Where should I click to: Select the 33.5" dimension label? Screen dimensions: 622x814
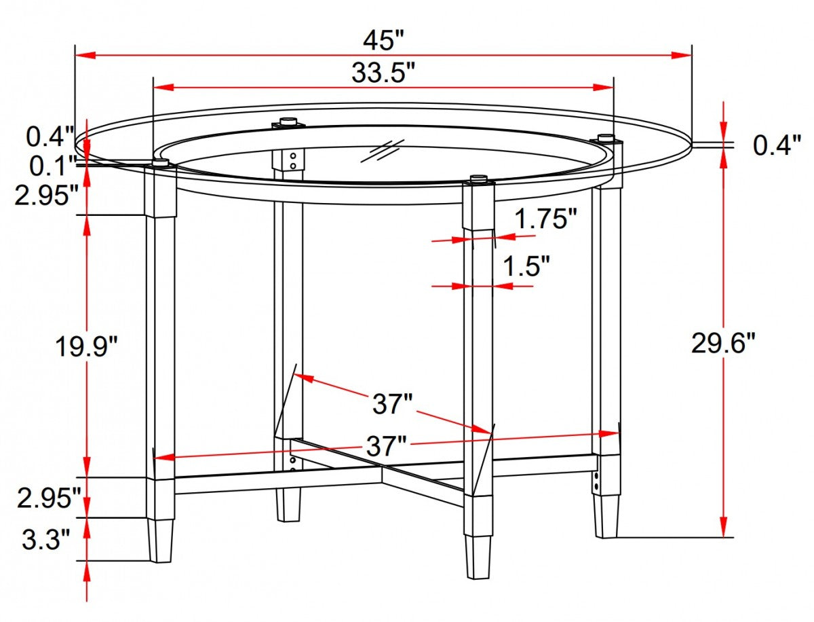tap(383, 73)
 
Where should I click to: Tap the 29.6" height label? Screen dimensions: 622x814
tap(723, 344)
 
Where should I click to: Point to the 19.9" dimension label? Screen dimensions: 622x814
tap(87, 347)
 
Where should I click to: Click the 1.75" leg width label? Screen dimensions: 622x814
tap(545, 219)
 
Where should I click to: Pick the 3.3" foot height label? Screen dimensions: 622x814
tap(46, 541)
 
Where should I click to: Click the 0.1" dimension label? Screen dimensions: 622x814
tap(51, 165)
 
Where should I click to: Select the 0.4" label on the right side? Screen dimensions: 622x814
tap(777, 145)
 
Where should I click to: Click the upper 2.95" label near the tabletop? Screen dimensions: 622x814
tap(49, 196)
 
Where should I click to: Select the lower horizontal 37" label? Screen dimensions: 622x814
tap(386, 446)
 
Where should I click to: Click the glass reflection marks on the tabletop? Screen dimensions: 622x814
tap(383, 151)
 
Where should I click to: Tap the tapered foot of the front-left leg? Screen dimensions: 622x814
tap(160, 541)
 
